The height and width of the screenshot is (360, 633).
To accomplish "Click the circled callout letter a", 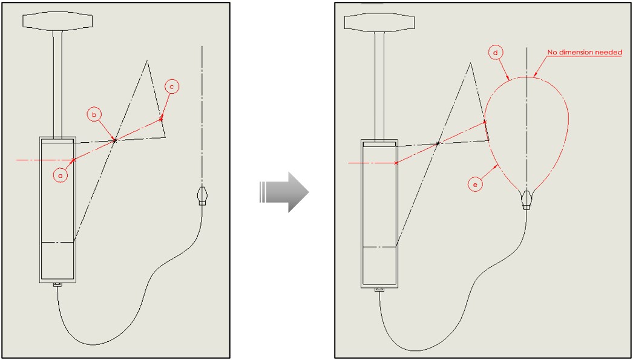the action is click(x=61, y=175).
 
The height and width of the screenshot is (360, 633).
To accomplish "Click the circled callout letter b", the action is click(x=94, y=115).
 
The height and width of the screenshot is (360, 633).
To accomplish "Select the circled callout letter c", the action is click(x=172, y=87).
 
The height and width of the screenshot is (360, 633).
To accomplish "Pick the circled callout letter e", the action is click(x=475, y=185).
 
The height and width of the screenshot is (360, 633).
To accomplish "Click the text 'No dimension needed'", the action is click(x=584, y=52).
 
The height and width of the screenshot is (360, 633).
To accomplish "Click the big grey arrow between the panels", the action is click(x=284, y=192).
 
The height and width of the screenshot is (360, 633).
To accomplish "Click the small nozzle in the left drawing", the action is click(x=202, y=196).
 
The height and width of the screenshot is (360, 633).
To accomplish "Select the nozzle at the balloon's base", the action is click(x=526, y=200).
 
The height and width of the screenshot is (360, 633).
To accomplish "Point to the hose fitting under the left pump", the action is click(x=57, y=284).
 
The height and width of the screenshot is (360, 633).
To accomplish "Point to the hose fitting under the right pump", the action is click(x=379, y=289).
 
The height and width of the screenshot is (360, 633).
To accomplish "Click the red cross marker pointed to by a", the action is click(x=73, y=160).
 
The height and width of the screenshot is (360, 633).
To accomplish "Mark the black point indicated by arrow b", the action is click(x=115, y=140).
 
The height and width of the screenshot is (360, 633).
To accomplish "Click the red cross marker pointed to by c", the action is click(x=161, y=119).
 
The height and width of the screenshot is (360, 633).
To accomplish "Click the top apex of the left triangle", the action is click(x=147, y=61).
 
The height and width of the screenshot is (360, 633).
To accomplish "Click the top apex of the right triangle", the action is click(x=470, y=63).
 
